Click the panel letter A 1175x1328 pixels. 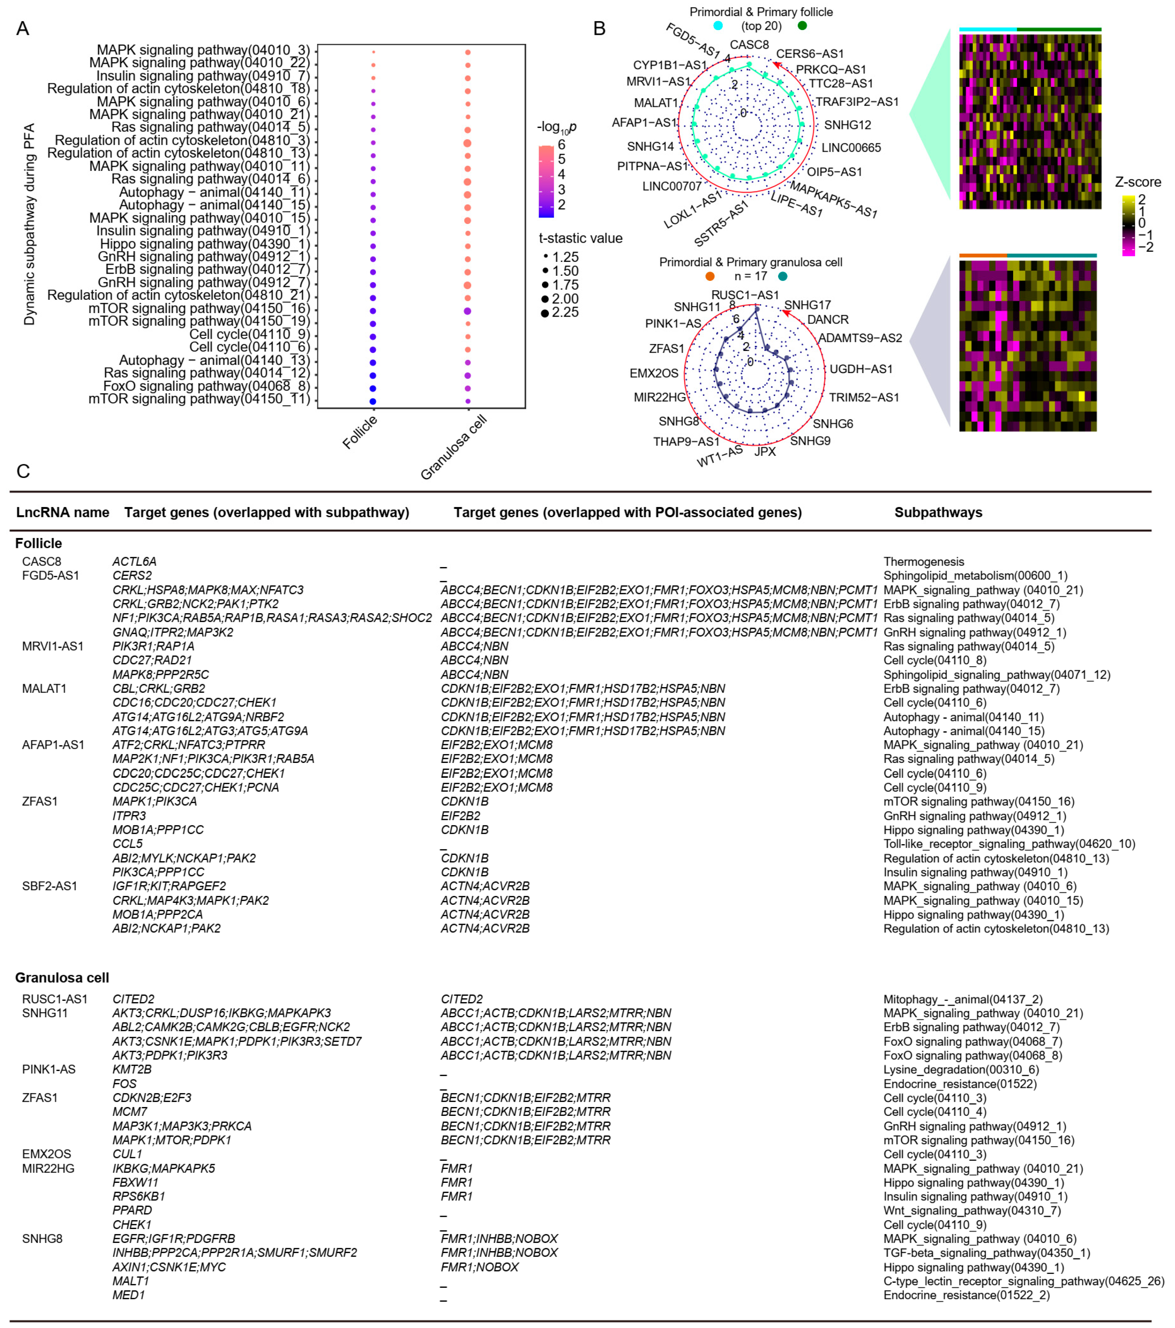click(23, 29)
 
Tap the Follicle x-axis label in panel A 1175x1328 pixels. click(360, 432)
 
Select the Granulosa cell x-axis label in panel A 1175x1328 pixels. click(453, 448)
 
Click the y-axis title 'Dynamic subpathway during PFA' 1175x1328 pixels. click(29, 224)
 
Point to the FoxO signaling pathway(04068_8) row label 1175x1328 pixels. click(206, 387)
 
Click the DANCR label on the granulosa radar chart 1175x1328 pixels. click(828, 320)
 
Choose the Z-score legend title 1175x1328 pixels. click(1137, 182)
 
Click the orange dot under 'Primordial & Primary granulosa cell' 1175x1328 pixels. click(710, 276)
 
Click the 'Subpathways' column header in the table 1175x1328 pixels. click(938, 513)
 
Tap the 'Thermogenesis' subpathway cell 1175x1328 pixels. click(924, 561)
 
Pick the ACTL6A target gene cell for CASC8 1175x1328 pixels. click(135, 561)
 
